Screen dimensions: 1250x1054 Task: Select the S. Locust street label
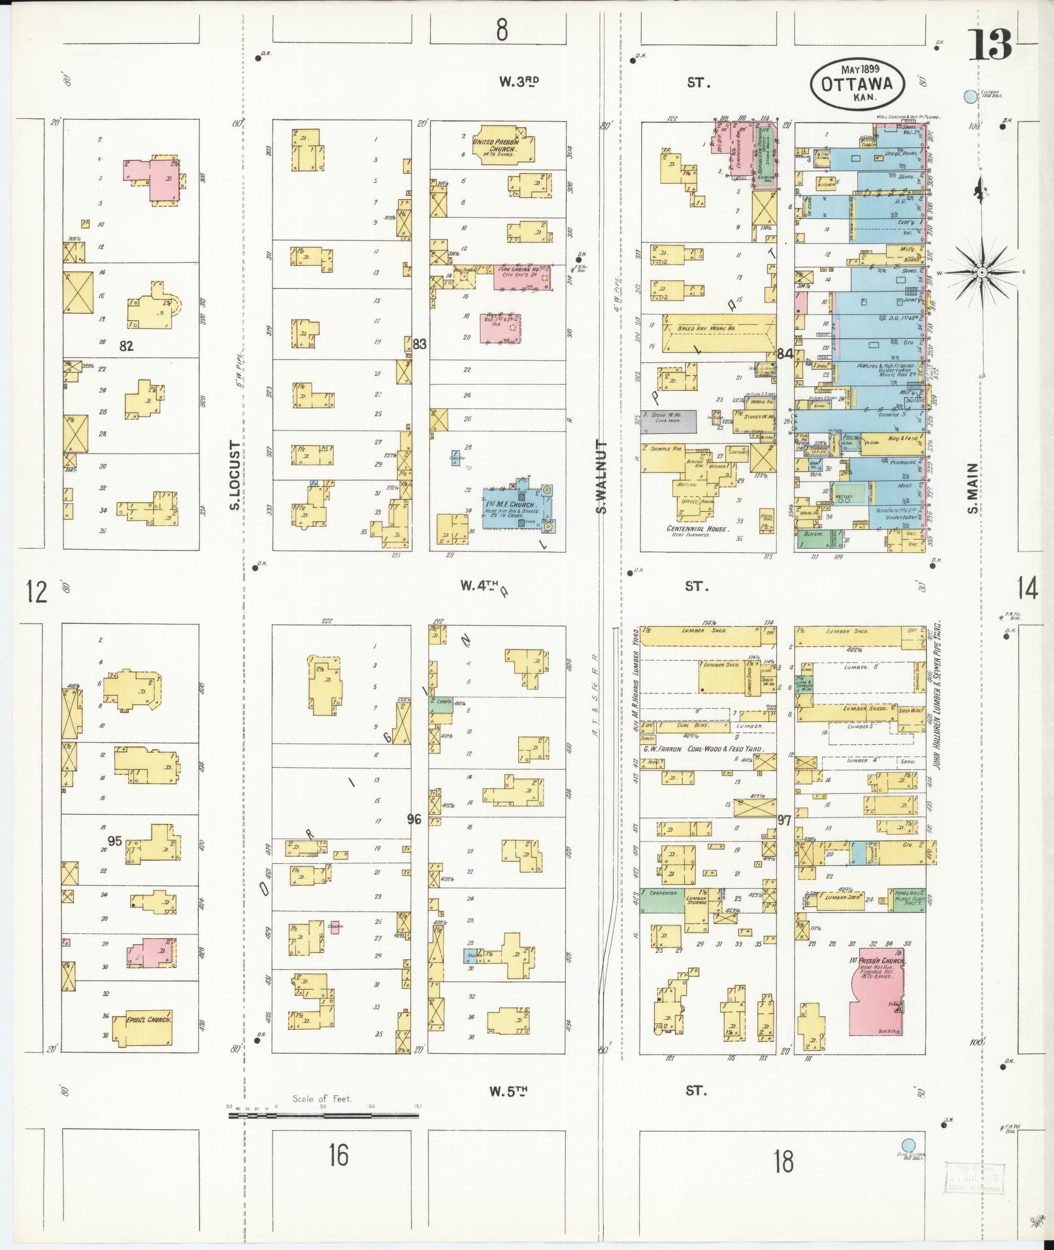click(x=236, y=475)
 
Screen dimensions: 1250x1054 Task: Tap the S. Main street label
click(x=973, y=489)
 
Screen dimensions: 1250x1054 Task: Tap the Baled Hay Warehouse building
click(x=719, y=332)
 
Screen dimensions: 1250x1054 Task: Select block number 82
click(x=126, y=346)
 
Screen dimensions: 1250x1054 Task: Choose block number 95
click(x=114, y=841)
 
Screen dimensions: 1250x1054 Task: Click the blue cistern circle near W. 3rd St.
click(x=970, y=97)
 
